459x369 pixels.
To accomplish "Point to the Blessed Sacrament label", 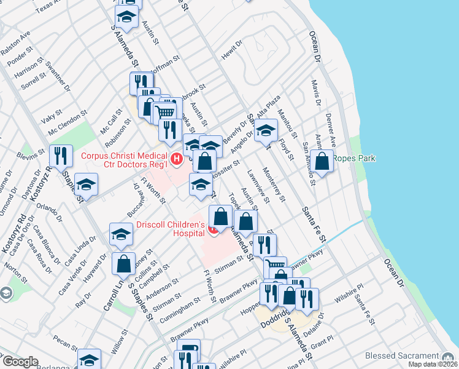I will click(x=403, y=356).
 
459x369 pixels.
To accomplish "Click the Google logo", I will click(x=20, y=362).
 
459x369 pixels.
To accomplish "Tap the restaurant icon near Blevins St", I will click(x=61, y=157).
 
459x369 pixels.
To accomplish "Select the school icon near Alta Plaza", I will click(x=266, y=130).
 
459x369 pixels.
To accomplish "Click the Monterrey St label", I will click(x=273, y=184).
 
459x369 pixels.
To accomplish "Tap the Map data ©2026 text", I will click(x=433, y=364).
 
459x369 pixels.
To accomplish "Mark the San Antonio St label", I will click(x=309, y=161).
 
